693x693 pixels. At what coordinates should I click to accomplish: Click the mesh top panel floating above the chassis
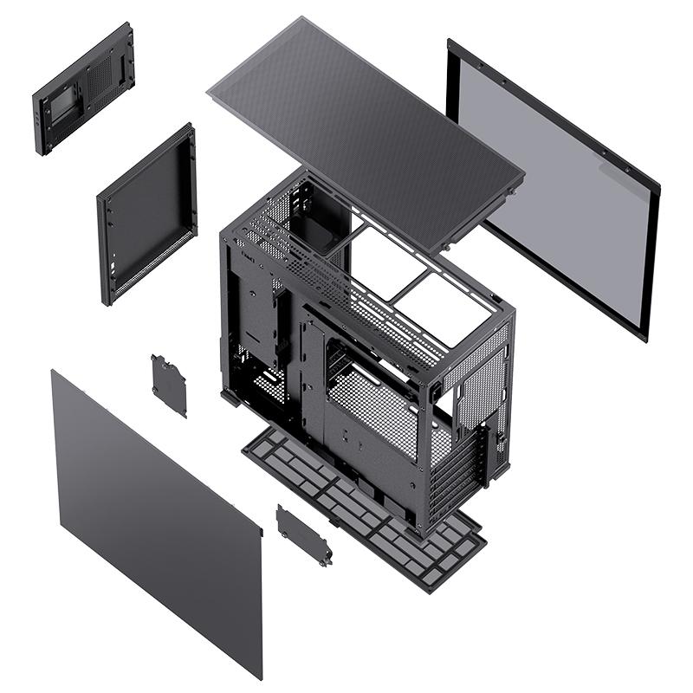pos(364,130)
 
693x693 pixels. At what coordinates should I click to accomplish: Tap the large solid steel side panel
pos(156,520)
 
